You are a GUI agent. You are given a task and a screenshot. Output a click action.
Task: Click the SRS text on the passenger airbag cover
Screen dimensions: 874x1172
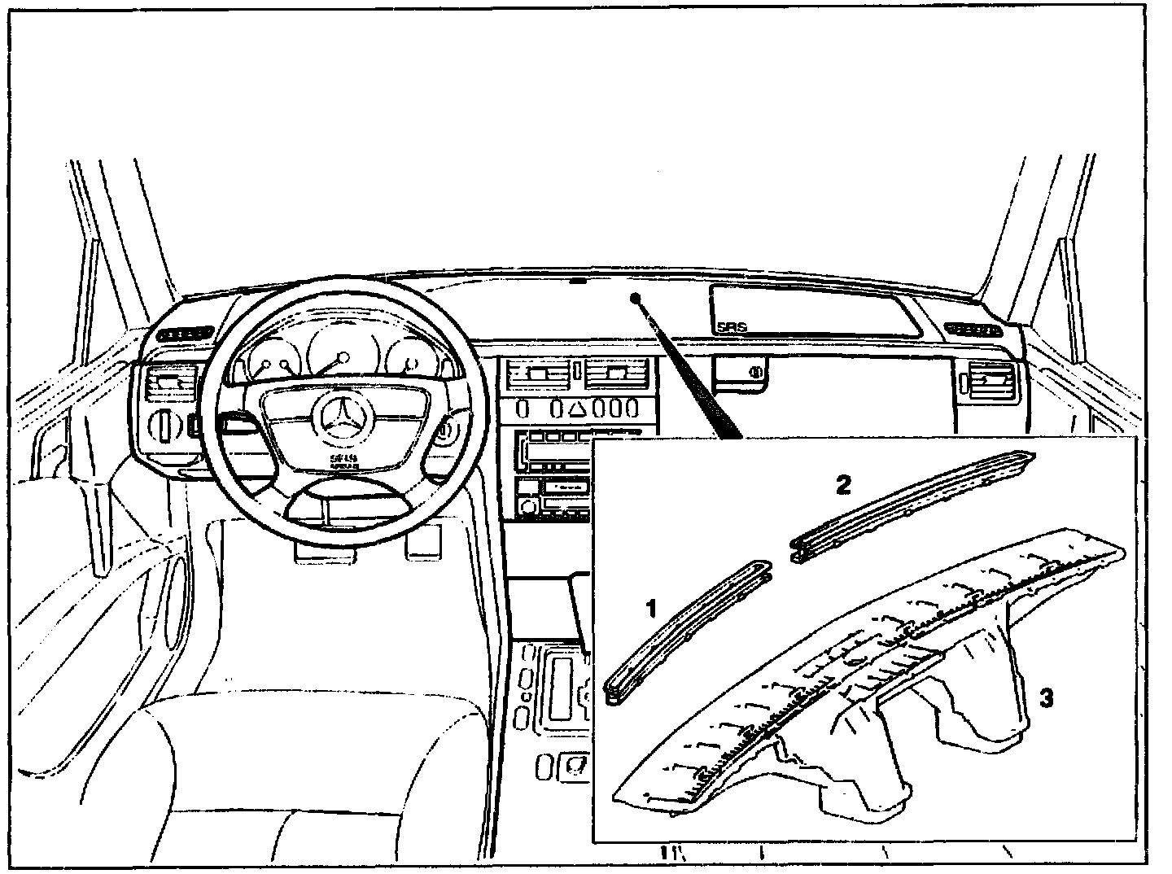coord(732,326)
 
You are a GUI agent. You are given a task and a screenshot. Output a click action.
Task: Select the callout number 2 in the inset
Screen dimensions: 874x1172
coord(843,485)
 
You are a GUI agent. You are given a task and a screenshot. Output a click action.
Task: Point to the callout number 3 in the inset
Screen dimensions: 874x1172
coord(1047,697)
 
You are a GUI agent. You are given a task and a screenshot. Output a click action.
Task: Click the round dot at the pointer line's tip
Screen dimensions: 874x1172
coord(635,298)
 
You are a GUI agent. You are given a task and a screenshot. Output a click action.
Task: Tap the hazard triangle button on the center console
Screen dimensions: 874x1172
coord(577,406)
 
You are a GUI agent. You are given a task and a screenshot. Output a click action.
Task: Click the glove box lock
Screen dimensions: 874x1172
coord(756,373)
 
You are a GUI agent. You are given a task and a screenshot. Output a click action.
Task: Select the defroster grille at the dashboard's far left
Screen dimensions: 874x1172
coord(186,333)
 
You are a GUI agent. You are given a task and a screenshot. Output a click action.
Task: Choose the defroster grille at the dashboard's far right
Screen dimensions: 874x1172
coord(973,330)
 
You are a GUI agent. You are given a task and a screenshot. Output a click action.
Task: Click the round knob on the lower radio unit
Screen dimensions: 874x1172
coord(527,507)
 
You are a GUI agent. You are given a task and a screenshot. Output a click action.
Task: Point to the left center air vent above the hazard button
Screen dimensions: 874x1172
coord(536,376)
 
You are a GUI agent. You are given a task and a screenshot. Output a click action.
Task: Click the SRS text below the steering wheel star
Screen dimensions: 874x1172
coord(339,461)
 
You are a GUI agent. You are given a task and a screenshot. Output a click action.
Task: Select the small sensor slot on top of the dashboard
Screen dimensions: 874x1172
coord(577,282)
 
